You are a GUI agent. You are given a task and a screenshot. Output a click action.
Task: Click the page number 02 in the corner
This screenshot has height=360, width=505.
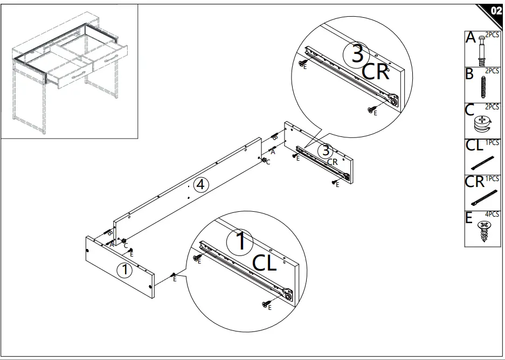coord(495,10)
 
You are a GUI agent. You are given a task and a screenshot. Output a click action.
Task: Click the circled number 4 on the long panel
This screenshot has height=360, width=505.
coord(200,185)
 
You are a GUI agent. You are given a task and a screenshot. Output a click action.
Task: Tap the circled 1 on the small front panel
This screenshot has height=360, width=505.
coord(124,270)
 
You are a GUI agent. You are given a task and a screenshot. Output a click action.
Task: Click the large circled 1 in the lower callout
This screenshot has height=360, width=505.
coord(241,242)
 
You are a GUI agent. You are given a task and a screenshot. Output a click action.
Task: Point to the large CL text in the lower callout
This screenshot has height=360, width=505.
coord(265,263)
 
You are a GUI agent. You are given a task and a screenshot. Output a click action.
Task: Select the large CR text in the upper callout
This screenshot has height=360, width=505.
coord(376,72)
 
